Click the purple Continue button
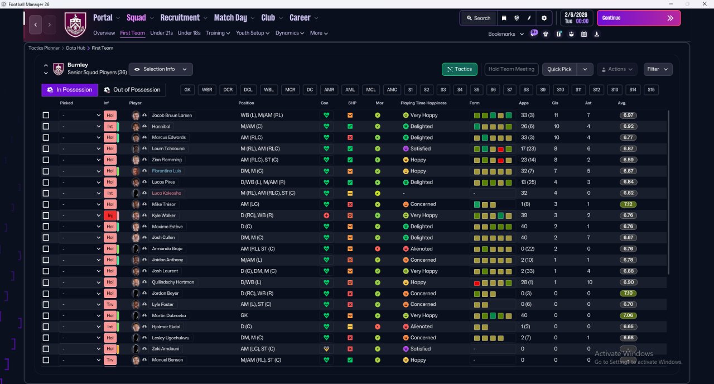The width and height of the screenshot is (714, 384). click(x=639, y=18)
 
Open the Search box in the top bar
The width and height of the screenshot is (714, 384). click(x=479, y=18)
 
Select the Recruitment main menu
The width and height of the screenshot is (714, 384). click(x=180, y=17)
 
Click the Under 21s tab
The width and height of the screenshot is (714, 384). click(x=161, y=33)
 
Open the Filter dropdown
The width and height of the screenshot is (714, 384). click(x=658, y=69)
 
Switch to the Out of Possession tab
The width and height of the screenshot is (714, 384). click(x=132, y=90)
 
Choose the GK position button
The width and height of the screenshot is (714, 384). click(x=187, y=90)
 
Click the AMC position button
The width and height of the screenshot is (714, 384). click(x=392, y=90)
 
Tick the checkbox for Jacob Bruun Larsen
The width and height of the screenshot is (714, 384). click(x=46, y=115)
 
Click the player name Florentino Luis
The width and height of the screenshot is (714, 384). click(x=166, y=171)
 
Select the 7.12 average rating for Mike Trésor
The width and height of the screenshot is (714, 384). click(x=628, y=204)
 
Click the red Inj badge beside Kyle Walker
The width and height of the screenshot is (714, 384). click(x=110, y=215)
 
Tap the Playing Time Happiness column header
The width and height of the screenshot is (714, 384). click(x=423, y=103)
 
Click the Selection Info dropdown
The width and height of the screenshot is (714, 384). click(x=161, y=69)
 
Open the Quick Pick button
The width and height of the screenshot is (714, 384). click(x=559, y=69)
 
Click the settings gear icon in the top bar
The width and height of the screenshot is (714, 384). click(x=544, y=18)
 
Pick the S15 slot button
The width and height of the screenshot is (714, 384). click(x=651, y=90)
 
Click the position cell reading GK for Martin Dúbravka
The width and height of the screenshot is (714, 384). click(x=244, y=315)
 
